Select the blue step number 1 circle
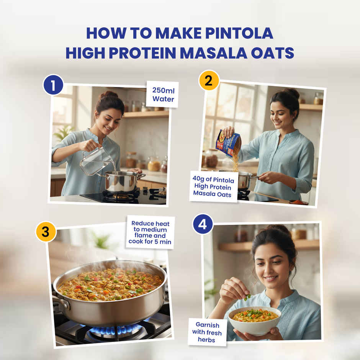click(53, 85)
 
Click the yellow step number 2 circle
click(209, 80)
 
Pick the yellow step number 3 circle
click(46, 232)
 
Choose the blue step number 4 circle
click(203, 224)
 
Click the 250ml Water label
click(162, 94)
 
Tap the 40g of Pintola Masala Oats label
click(214, 186)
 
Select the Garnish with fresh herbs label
click(207, 332)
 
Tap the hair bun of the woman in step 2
click(292, 93)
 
